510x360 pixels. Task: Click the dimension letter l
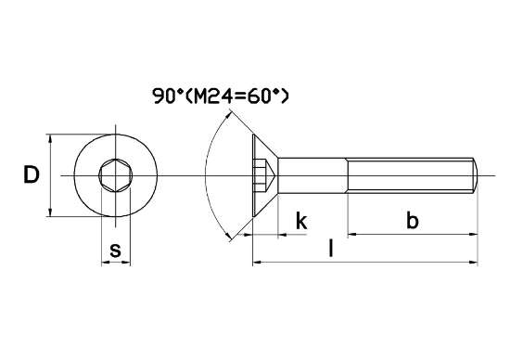click(331, 249)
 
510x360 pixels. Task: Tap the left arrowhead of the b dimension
click(353, 235)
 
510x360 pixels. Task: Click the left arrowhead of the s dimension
click(103, 264)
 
